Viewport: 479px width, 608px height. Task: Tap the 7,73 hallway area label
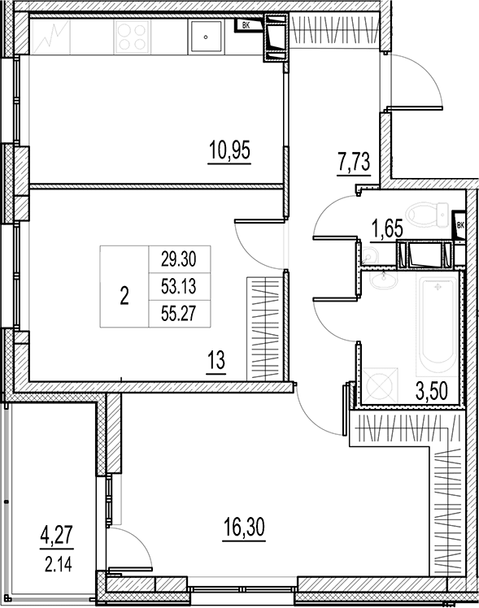tap(354, 162)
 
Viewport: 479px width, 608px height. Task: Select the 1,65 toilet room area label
tap(386, 229)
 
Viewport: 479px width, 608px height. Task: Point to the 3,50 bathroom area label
tap(431, 391)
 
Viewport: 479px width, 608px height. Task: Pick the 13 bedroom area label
tap(216, 361)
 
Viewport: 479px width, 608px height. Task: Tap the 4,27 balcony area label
tap(56, 536)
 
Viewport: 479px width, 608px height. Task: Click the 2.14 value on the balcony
tap(59, 566)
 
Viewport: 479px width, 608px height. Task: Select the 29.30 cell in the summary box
tap(179, 259)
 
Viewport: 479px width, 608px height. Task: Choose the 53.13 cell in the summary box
tap(179, 287)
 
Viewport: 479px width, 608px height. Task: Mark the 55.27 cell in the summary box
tap(179, 314)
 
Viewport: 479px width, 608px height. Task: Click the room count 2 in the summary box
tap(124, 297)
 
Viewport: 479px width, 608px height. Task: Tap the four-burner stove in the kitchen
tap(132, 37)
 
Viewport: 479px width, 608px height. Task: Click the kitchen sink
tap(206, 37)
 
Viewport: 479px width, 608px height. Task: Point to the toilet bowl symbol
tap(428, 214)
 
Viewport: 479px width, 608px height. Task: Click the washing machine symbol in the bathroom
tap(378, 385)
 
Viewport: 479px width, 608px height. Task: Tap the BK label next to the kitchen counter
tap(246, 26)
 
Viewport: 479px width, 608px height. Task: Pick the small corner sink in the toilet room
tap(369, 257)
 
